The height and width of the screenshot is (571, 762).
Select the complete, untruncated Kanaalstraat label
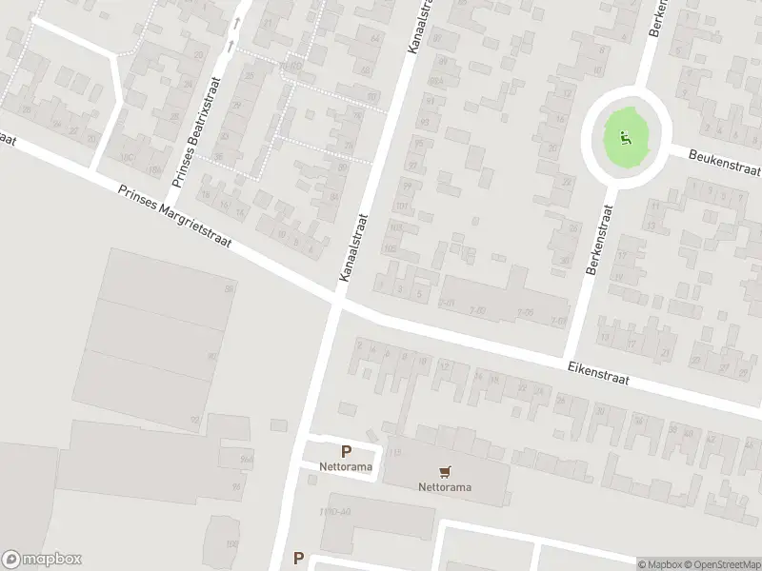point(351,247)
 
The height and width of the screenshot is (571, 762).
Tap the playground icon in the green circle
point(625,138)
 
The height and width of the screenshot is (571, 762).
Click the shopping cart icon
point(444,471)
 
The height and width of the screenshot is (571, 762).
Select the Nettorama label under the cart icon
point(445,488)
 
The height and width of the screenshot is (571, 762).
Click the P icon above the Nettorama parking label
point(346,452)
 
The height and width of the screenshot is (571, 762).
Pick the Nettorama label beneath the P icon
point(346,467)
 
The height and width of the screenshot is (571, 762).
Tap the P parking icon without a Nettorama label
point(298,559)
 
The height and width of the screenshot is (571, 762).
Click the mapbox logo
point(42,560)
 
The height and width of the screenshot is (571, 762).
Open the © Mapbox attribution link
point(660,564)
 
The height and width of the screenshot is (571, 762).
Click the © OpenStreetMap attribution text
point(722,564)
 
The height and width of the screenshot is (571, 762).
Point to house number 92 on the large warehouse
point(194,420)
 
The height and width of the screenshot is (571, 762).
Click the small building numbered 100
point(231,543)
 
